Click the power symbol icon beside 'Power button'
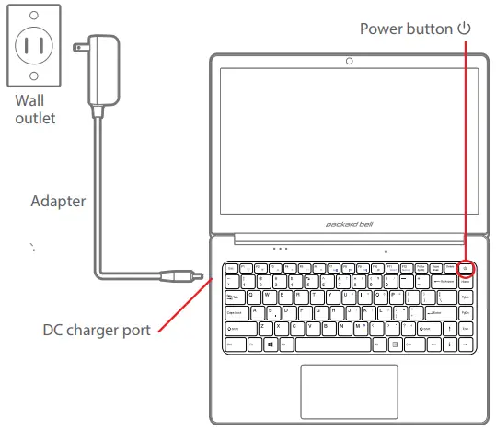(465, 28)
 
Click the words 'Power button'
(406, 29)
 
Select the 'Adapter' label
(59, 201)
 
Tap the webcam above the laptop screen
(349, 63)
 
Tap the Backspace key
(445, 281)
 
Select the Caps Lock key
(236, 312)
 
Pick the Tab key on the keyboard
(234, 297)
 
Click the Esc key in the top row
(231, 268)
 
